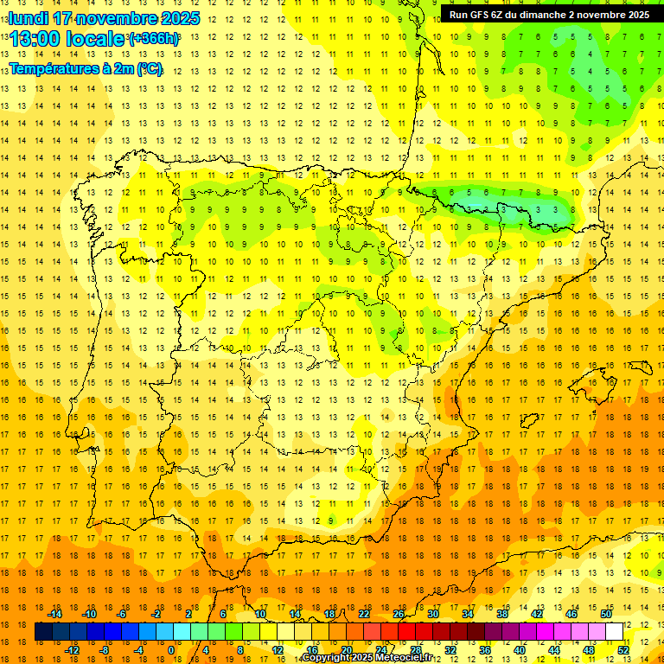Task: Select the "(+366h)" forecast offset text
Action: coord(154,39)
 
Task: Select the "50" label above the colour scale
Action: coord(606,614)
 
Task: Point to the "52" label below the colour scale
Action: coord(623,650)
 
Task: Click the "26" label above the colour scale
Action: coord(399,614)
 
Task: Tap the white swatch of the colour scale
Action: coord(615,632)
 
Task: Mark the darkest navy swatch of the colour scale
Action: coord(43,632)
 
